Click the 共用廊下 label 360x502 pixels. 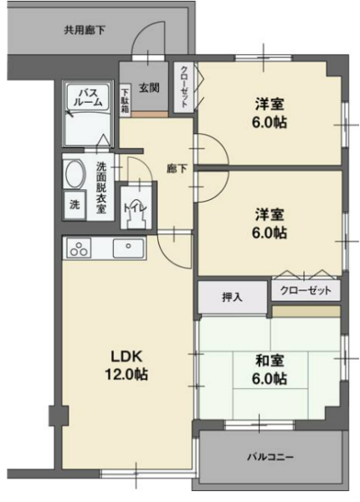[85, 30]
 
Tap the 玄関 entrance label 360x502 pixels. [149, 87]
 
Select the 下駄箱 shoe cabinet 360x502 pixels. [125, 100]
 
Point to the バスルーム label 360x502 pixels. [89, 97]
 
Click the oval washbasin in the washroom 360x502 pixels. [75, 174]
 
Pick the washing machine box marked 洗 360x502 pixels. [75, 205]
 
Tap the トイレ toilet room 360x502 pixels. [136, 207]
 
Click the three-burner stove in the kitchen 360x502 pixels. [79, 248]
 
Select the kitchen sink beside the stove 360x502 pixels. [128, 248]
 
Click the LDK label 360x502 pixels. [126, 356]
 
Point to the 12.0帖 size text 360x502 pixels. [126, 374]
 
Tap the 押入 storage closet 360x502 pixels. [232, 297]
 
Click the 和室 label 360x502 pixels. [270, 361]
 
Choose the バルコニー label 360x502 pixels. [270, 457]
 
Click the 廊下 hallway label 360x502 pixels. [177, 169]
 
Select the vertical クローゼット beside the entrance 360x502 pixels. [184, 87]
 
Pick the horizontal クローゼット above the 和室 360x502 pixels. [306, 290]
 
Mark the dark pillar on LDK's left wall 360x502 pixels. [59, 415]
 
